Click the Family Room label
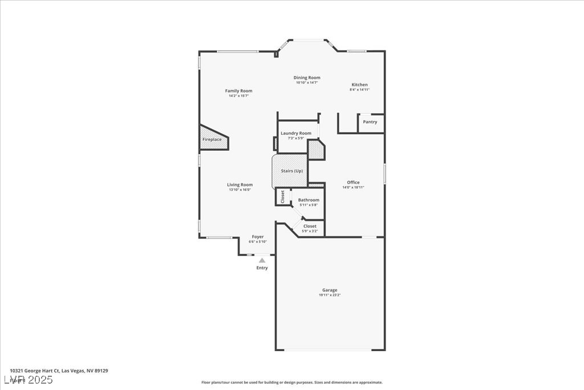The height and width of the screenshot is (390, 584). click(238, 91)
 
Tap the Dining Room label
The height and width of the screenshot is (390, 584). click(307, 78)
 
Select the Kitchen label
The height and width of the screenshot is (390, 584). click(359, 85)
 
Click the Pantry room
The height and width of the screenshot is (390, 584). click(370, 122)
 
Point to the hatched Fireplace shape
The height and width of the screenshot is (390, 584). click(212, 139)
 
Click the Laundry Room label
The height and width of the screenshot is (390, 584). click(296, 133)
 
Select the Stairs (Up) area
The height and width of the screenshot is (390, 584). click(291, 171)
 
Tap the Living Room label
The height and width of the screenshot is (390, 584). click(240, 184)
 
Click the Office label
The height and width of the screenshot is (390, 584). click(353, 182)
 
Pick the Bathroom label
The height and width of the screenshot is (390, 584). click(309, 200)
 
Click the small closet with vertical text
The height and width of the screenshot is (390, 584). click(282, 196)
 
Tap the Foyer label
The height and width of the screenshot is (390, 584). click(258, 236)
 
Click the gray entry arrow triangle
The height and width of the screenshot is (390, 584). click(262, 260)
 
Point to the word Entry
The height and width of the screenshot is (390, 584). click(262, 268)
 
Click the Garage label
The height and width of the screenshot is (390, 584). click(330, 290)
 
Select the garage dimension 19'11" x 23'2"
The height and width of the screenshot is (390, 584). click(330, 295)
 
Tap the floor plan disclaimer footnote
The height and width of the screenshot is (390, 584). click(291, 383)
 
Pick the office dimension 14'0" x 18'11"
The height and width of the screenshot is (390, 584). click(353, 187)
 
